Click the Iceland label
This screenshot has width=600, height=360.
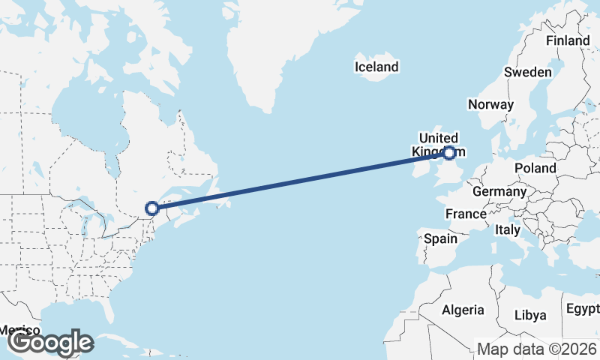tap(376, 67)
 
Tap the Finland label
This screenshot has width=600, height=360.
tap(567, 40)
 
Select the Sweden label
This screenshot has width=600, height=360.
tap(528, 72)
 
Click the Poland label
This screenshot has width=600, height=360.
tap(535, 168)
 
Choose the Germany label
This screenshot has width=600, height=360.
tap(499, 191)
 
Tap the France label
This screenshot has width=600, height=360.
tap(466, 214)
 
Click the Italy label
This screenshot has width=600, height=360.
tap(507, 231)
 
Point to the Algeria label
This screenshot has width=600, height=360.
tap(463, 310)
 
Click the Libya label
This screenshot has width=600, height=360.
tap(530, 314)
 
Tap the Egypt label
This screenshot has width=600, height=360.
tap(582, 309)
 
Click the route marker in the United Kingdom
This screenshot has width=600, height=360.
tap(449, 153)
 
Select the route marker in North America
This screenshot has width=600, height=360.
tap(152, 208)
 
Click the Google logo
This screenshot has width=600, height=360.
tap(51, 343)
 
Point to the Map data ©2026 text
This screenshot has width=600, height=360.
tap(537, 349)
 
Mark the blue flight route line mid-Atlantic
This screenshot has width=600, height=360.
tap(300, 181)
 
